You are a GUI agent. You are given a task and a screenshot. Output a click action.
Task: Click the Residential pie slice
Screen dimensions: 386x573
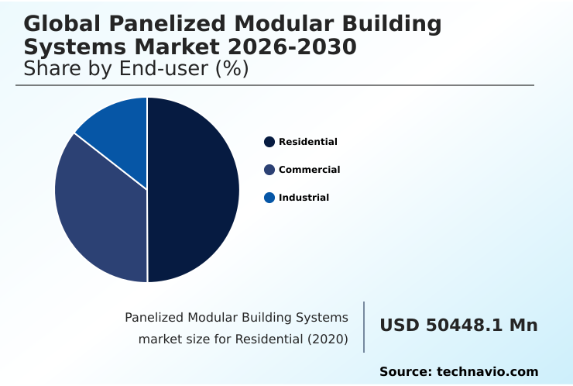194,190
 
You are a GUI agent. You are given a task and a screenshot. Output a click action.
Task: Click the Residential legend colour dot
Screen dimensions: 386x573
269,142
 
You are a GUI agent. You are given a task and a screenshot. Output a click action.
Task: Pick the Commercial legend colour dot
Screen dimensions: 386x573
269,170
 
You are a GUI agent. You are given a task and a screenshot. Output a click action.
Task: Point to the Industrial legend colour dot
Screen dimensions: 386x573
269,198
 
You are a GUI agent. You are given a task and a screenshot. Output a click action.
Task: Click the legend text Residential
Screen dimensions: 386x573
308,142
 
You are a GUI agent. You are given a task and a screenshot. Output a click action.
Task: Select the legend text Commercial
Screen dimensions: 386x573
309,170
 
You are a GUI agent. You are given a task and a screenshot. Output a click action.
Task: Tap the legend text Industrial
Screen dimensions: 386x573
304,198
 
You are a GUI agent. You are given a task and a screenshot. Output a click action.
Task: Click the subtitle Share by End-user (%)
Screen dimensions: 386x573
136,69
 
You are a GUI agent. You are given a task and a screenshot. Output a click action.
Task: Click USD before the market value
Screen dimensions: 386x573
400,326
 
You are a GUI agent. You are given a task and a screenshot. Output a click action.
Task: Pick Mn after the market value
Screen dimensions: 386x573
523,326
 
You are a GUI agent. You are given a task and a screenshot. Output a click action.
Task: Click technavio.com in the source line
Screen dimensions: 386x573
487,372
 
